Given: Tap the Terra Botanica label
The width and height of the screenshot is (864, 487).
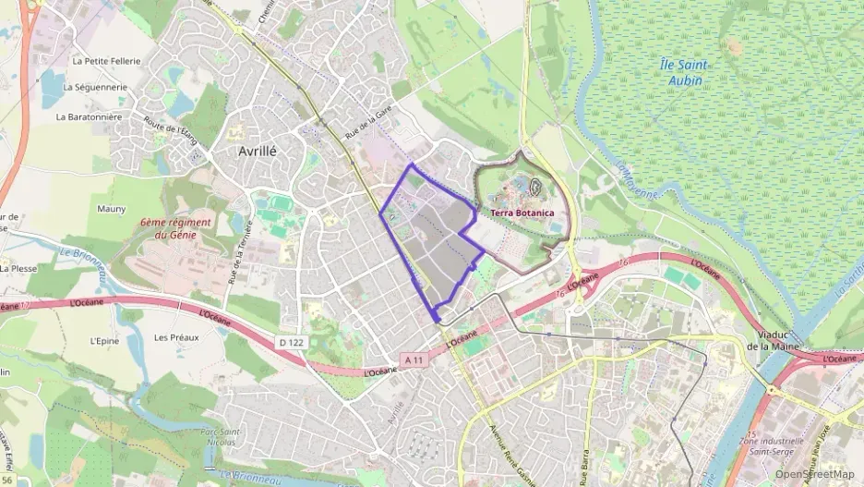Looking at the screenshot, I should pyautogui.click(x=522, y=213).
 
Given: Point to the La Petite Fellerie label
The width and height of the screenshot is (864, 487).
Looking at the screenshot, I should pyautogui.click(x=106, y=61).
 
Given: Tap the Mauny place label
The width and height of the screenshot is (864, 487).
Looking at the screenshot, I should pyautogui.click(x=111, y=209).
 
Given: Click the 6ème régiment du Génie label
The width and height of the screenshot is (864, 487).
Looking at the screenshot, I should pyautogui.click(x=176, y=228).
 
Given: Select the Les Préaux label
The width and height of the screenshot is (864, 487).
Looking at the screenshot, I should pyautogui.click(x=176, y=337).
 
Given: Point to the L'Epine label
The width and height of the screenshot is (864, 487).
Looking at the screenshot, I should pyautogui.click(x=105, y=340).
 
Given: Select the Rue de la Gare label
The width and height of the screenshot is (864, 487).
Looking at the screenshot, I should pyautogui.click(x=369, y=123).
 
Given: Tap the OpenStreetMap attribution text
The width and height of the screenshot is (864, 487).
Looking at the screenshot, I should pyautogui.click(x=815, y=475).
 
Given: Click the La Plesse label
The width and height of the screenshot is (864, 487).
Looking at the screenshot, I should pyautogui.click(x=18, y=269).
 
